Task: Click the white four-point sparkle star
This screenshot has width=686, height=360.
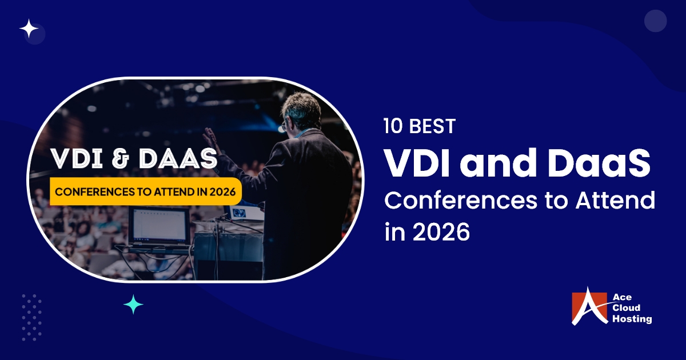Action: (29, 28)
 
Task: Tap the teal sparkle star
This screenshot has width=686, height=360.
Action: (133, 305)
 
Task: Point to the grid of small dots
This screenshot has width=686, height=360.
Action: (31, 317)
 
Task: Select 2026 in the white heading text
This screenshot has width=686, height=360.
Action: (438, 233)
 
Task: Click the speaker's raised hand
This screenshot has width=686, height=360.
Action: (210, 138)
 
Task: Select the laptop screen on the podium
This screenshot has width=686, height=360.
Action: (158, 225)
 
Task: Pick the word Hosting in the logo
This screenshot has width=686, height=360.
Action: (631, 319)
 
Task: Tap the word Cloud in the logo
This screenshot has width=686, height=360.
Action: (628, 309)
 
